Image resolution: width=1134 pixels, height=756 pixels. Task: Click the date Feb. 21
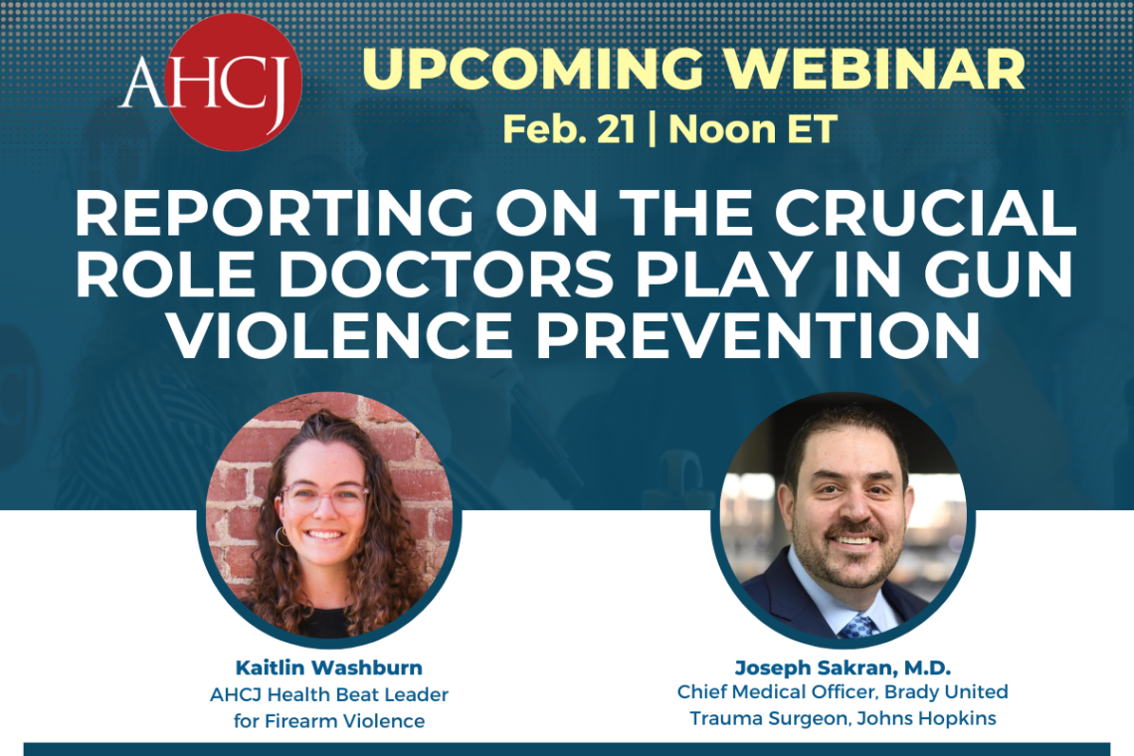pos(567,129)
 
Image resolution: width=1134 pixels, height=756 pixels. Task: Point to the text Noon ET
pos(753,129)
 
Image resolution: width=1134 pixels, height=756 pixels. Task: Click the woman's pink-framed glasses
pos(325,498)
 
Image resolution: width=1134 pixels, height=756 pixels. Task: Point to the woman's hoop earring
pos(283,537)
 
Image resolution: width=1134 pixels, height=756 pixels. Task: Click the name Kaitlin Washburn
pos(328,666)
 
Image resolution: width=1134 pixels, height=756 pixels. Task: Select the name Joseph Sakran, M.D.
pos(843,666)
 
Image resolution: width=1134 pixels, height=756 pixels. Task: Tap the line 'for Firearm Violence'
pos(328,719)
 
